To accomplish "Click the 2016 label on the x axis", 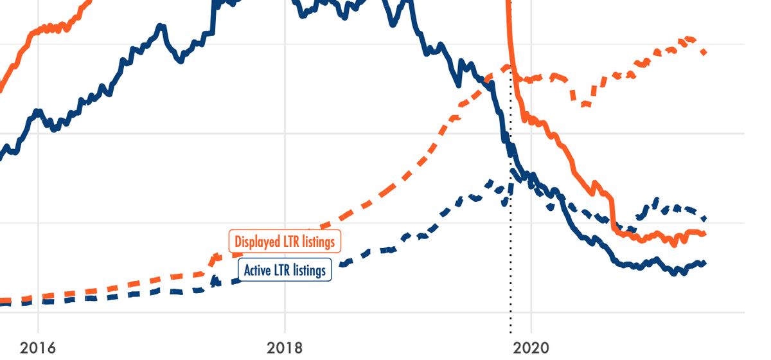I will (x=38, y=348).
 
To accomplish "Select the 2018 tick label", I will (x=285, y=348).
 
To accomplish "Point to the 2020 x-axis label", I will (x=531, y=348).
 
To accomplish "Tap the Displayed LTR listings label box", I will (x=285, y=242).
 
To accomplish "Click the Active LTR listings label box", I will (x=285, y=271).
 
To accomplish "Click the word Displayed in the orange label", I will (x=256, y=242).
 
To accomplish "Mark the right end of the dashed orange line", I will (x=705, y=53).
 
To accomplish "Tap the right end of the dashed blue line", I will (x=705, y=219).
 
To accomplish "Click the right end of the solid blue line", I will (x=705, y=262).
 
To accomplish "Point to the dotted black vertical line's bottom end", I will (x=511, y=332).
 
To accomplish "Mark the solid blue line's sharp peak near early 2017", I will (x=161, y=26).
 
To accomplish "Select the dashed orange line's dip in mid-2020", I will (x=583, y=105).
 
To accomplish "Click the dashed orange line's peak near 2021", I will (x=689, y=39).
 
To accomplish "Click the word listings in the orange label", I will (x=314, y=242).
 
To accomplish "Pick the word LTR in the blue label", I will (x=283, y=271).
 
